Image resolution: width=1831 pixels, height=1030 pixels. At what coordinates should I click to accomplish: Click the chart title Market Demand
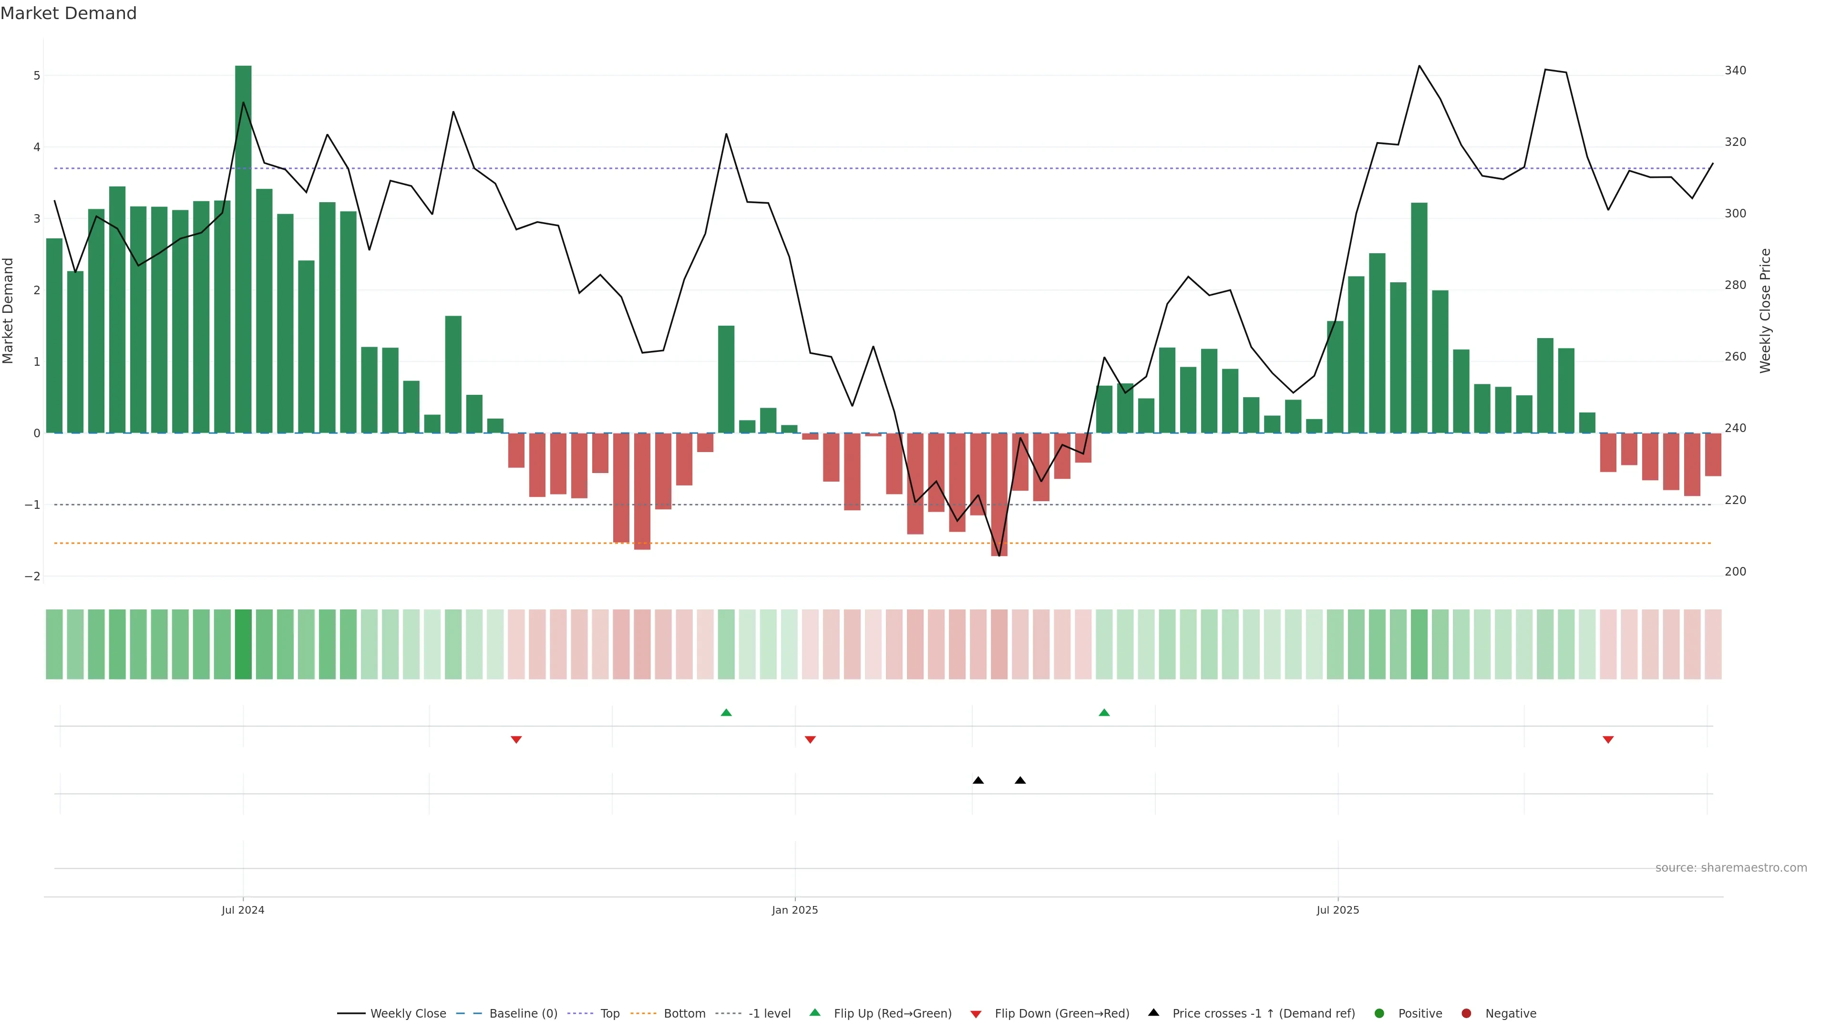pyautogui.click(x=68, y=13)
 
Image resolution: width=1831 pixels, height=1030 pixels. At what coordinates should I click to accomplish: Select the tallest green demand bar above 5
pyautogui.click(x=243, y=249)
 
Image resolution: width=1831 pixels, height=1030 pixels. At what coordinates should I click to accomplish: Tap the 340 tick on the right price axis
pyautogui.click(x=1735, y=71)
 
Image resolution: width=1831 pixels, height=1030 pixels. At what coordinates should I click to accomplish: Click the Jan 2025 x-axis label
pyautogui.click(x=795, y=910)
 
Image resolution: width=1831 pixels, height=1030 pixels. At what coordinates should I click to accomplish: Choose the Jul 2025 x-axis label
pyautogui.click(x=1337, y=910)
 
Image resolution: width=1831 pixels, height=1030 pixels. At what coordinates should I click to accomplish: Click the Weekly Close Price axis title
pyautogui.click(x=1766, y=310)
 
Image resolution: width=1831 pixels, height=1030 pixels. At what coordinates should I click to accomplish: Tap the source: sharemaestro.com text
pyautogui.click(x=1731, y=868)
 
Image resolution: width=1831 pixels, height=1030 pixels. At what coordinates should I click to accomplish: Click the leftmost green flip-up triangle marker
pyautogui.click(x=726, y=712)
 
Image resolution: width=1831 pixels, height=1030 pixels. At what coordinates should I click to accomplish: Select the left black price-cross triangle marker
pyautogui.click(x=978, y=781)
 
